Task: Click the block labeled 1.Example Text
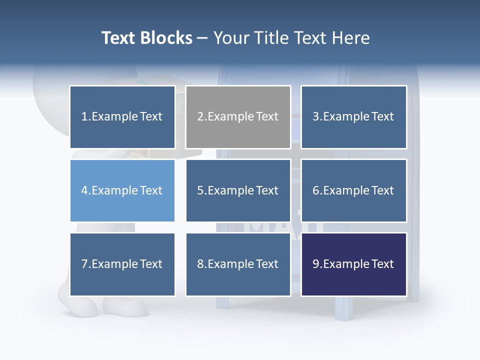coord(122,117)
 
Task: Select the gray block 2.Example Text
coord(238,117)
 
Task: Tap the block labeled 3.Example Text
coord(353,117)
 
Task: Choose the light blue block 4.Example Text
coord(122,190)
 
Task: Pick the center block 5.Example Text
coord(238,190)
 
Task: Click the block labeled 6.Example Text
coord(353,190)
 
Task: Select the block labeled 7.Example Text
coord(122,264)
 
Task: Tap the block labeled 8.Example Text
coord(238,264)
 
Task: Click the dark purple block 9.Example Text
coord(353,264)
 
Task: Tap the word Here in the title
coord(351,38)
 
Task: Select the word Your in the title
coord(230,38)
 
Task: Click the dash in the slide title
coord(203,38)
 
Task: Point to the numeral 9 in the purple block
coord(315,264)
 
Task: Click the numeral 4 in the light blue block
coord(84,190)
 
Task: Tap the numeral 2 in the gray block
coord(200,117)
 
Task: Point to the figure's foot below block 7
coord(125,306)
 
